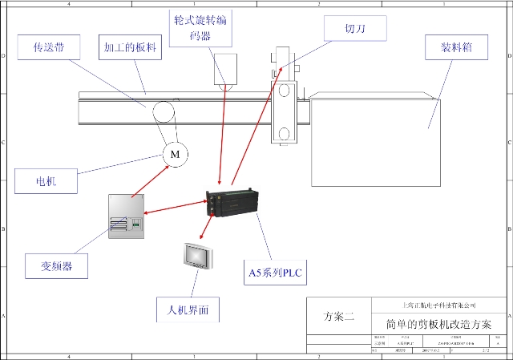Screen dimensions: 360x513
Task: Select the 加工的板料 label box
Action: point(130,47)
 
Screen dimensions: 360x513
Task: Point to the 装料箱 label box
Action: point(458,47)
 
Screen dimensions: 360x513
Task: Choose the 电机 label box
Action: point(46,181)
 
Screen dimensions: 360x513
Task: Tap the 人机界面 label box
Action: point(188,309)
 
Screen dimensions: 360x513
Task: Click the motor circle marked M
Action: point(175,153)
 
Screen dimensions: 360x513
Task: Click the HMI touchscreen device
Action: point(197,256)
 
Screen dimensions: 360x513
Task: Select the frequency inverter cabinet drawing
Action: point(126,216)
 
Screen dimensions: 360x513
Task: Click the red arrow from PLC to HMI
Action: point(206,229)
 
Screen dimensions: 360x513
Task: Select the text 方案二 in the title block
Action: point(337,317)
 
